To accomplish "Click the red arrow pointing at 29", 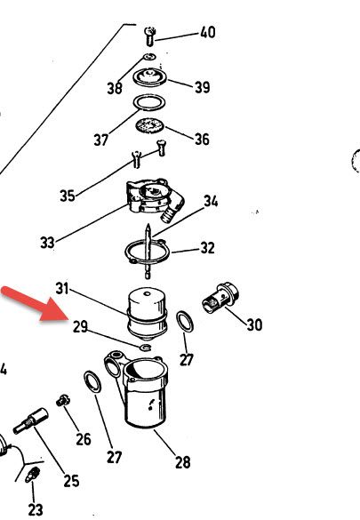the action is click(36, 304).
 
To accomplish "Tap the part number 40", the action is click(207, 33).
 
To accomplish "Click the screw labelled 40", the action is click(150, 36).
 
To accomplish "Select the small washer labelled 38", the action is click(149, 57).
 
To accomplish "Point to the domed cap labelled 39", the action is click(150, 77).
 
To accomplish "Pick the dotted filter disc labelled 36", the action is click(150, 125).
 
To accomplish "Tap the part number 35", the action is click(68, 196).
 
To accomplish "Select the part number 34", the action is click(211, 201).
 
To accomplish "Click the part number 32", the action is click(207, 248).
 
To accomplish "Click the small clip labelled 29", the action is click(146, 348).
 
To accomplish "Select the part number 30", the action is click(254, 324).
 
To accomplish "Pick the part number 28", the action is click(183, 462).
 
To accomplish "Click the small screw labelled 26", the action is click(62, 400).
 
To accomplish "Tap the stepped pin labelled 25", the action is click(30, 421).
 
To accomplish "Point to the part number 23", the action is click(36, 509).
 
